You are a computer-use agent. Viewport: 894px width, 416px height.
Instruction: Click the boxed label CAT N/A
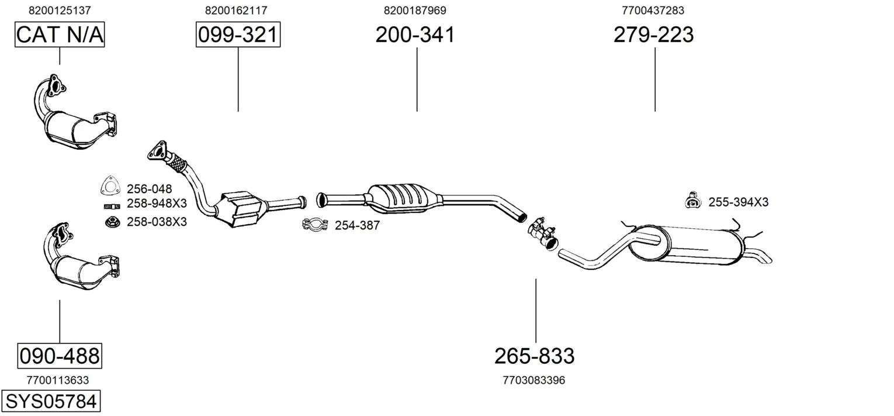point(60,35)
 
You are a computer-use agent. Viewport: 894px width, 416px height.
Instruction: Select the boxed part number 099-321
point(238,35)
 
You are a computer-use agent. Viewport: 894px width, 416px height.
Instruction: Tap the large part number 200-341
point(415,35)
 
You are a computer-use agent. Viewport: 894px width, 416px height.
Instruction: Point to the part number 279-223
point(654,35)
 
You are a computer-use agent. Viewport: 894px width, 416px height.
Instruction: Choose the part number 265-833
point(535,356)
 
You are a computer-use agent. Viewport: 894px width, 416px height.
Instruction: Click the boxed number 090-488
point(60,356)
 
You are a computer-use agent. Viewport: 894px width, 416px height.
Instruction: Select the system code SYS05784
point(51,401)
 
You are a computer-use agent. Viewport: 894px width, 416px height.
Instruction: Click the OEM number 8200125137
point(60,11)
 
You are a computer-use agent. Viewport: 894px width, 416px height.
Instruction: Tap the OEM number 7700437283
point(653,11)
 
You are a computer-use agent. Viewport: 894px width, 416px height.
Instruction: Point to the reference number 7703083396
point(534,380)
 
